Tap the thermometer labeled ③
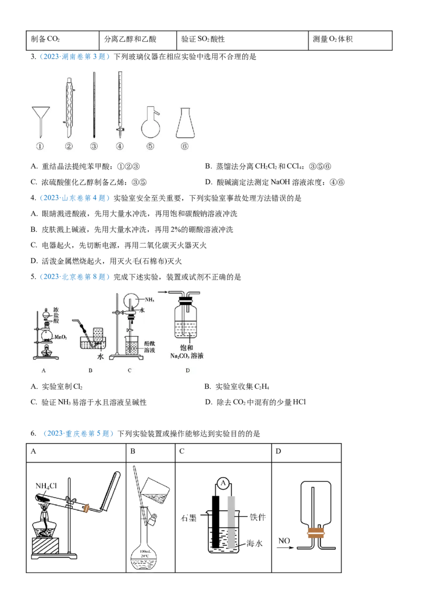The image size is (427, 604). coord(94,105)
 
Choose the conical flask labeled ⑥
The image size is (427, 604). coord(185,124)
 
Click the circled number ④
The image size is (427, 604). coord(120,147)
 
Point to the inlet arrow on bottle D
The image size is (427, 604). coord(173,292)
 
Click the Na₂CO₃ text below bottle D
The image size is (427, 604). coord(188,355)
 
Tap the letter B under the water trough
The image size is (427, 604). coord(91,369)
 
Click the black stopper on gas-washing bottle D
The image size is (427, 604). coord(186,303)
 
